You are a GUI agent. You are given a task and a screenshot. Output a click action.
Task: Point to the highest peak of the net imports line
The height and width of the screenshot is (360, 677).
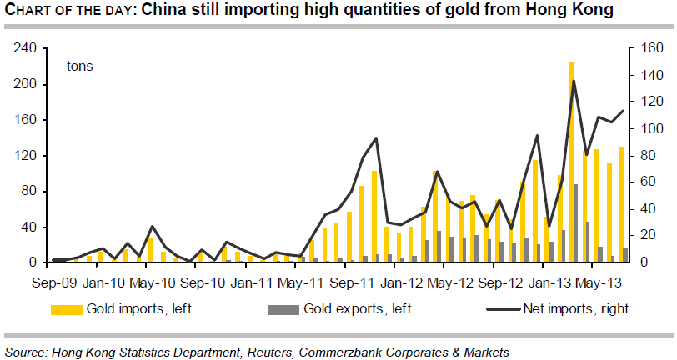tap(574, 81)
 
